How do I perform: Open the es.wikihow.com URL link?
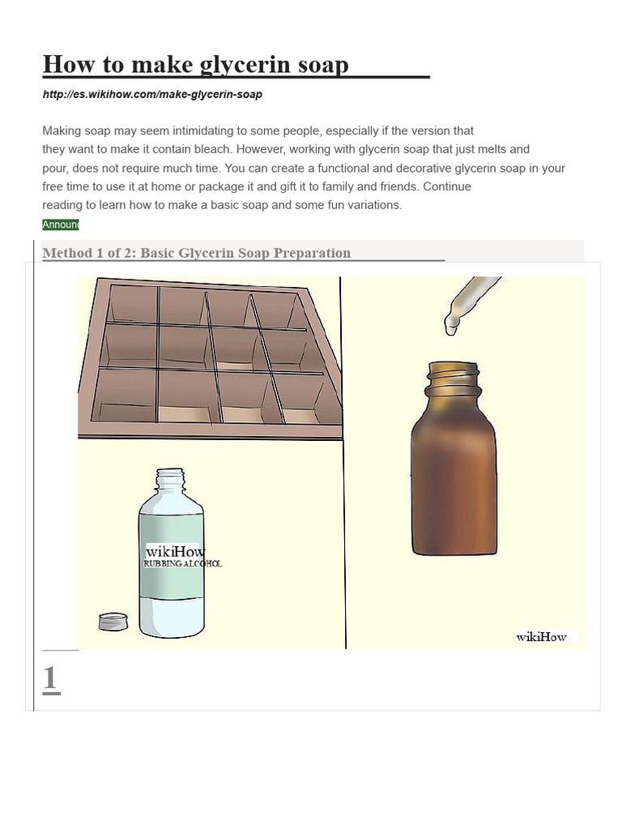coord(152,95)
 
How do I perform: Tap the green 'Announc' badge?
coord(60,225)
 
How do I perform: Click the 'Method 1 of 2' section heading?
coord(196,253)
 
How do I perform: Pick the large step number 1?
coord(50,678)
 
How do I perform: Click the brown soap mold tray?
coord(208,357)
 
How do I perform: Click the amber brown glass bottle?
coord(454,478)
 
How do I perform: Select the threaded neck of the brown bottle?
coord(453,379)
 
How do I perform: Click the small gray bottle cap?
coord(113,622)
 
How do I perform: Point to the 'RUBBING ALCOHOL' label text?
coord(182,563)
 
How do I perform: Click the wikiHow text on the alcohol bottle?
coord(175,551)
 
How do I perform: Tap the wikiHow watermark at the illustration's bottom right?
coord(542,637)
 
